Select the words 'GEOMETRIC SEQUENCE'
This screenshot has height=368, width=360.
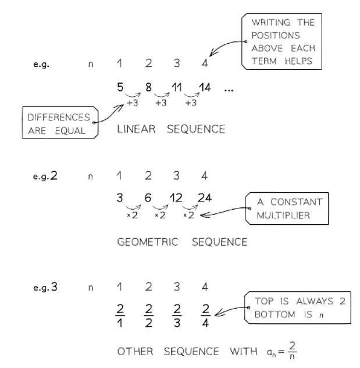pos(173,241)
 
